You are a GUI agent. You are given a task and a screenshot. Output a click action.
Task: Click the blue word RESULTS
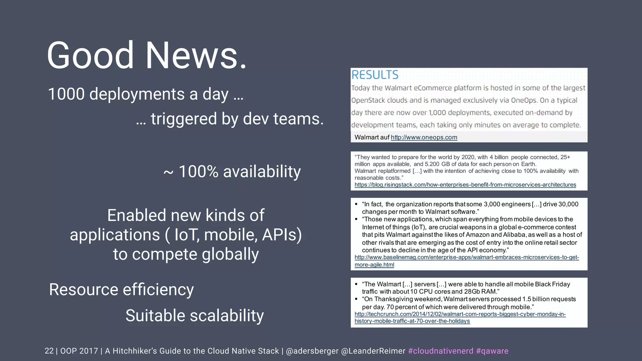point(375,75)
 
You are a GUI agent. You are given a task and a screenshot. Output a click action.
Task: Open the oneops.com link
point(424,137)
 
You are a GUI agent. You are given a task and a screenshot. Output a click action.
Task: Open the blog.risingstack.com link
point(465,185)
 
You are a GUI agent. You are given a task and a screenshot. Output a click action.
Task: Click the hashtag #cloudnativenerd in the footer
point(440,351)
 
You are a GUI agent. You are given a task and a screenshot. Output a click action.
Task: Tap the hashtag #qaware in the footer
point(492,351)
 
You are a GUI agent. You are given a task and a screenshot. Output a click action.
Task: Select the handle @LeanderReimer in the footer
point(373,351)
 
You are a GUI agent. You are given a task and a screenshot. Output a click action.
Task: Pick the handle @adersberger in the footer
point(312,351)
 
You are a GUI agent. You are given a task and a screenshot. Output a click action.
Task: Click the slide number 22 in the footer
point(49,351)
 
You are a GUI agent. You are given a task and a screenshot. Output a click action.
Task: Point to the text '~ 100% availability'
point(232,172)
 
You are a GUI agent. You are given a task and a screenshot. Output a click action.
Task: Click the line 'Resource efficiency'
point(121,290)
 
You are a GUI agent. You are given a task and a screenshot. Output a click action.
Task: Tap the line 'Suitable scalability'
point(194,316)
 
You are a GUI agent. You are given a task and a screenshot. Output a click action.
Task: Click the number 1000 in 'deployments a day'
point(66,94)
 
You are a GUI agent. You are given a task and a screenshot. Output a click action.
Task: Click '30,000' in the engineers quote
point(568,204)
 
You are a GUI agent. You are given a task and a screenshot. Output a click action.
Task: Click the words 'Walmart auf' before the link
point(371,137)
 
